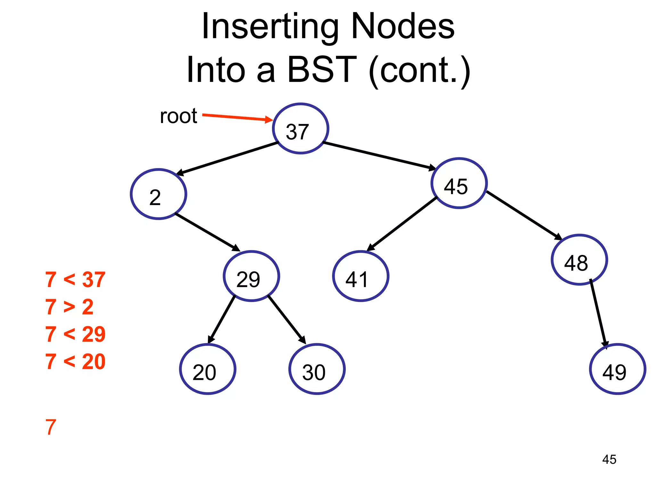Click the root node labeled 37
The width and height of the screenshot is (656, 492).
300,128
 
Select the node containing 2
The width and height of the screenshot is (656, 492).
159,194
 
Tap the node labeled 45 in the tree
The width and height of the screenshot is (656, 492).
459,183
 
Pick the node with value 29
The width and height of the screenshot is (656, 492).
251,276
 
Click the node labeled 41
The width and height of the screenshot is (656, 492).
361,276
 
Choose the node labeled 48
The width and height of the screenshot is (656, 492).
579,260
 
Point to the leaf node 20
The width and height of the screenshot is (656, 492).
208,369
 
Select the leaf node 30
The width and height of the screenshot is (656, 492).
317,369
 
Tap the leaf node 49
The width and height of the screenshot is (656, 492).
617,369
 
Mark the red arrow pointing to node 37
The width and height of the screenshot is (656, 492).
237,118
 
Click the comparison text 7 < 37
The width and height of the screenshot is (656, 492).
75,280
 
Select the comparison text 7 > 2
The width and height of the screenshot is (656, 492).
69,307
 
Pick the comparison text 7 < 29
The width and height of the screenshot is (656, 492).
75,334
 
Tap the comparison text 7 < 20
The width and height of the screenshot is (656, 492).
75,362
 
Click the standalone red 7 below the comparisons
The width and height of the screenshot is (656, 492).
51,427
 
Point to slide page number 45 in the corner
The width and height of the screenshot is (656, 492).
609,459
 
